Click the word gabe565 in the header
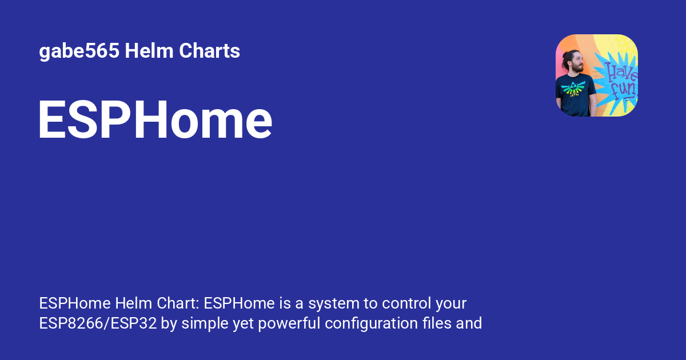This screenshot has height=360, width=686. pos(79,51)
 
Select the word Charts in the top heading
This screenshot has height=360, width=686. pos(209,51)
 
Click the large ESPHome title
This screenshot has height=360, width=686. pos(155,121)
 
